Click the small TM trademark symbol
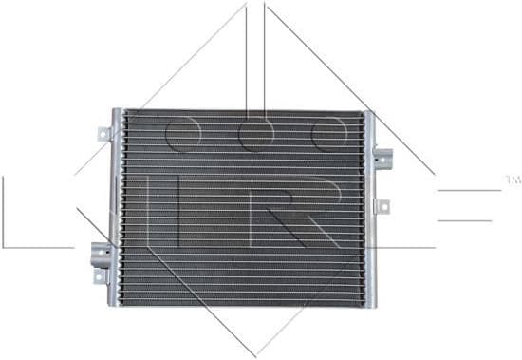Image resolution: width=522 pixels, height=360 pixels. [513, 178]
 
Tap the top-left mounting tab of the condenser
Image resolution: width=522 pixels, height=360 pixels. [102, 135]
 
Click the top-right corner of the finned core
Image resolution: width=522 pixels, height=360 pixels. [362, 113]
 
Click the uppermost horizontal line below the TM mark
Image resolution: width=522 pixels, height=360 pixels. [469, 190]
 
